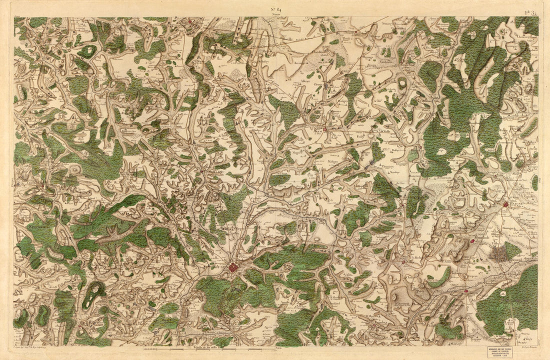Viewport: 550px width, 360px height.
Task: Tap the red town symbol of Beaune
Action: pyautogui.click(x=505, y=204)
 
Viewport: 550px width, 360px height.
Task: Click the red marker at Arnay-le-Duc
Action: pyautogui.click(x=325, y=129)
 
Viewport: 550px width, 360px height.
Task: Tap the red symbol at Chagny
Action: pyautogui.click(x=465, y=290)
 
